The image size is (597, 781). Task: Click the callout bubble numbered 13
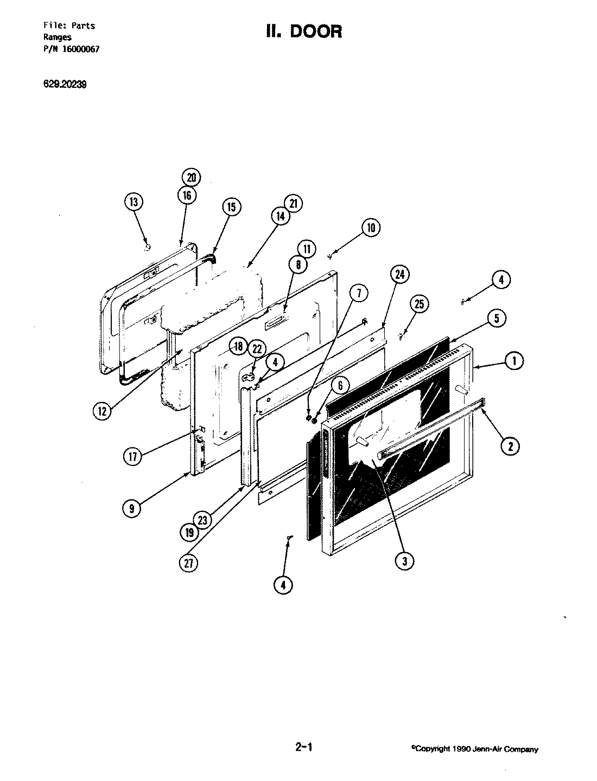tap(134, 203)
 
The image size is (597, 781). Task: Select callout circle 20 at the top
tap(190, 178)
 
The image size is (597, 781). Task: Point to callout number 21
tap(293, 204)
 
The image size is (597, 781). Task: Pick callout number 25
tap(419, 304)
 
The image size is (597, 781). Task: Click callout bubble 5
tap(497, 319)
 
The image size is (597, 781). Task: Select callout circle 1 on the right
tap(514, 360)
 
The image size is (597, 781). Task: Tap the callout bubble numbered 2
tap(510, 446)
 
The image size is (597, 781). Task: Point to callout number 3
tap(404, 561)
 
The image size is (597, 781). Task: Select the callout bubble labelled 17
tap(132, 457)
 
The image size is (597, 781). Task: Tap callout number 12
tap(101, 410)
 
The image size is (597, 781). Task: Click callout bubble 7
tap(359, 294)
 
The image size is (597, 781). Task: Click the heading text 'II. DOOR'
tap(304, 31)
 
